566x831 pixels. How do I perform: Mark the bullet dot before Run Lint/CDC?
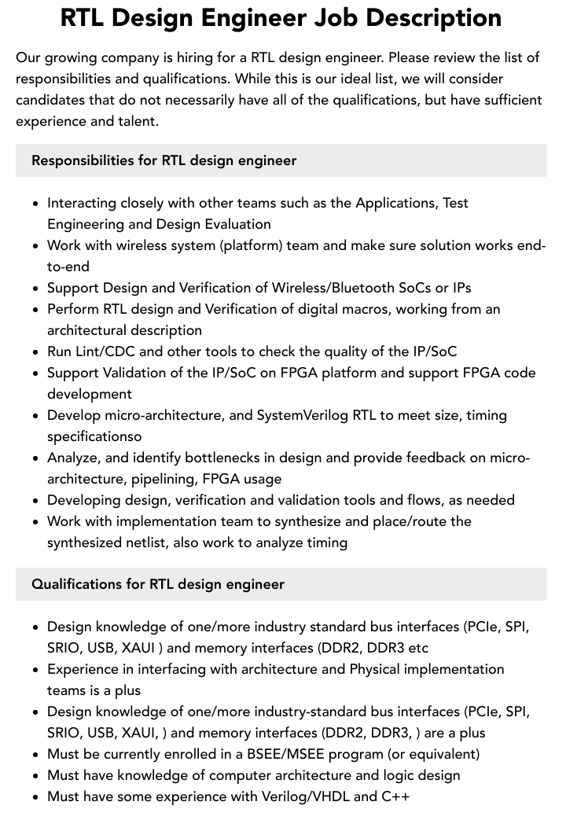tap(36, 352)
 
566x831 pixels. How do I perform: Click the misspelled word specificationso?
tap(94, 436)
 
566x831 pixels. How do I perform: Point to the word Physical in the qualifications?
tap(386, 669)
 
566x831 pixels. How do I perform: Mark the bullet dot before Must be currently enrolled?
tap(36, 755)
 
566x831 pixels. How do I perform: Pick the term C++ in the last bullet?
tap(395, 796)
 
